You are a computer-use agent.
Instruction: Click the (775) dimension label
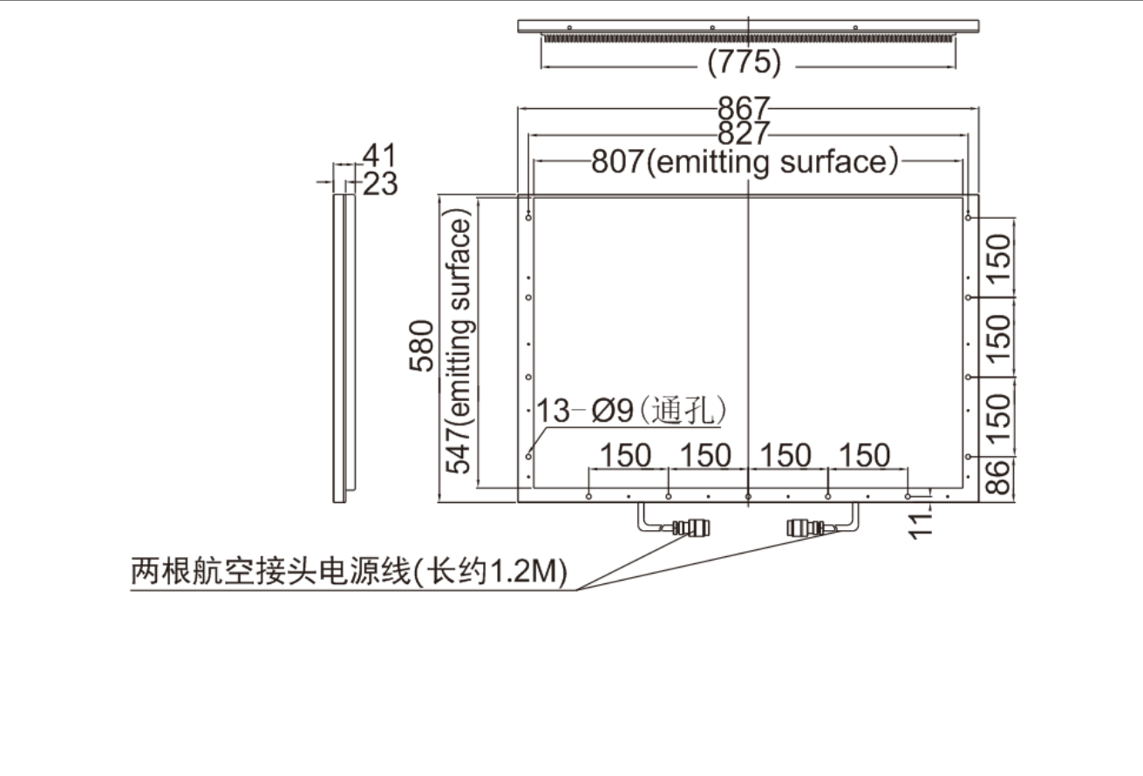(x=744, y=63)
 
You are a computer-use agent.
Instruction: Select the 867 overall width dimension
(x=744, y=109)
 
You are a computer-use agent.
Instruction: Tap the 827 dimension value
(x=744, y=133)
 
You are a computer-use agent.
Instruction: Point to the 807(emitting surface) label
(x=745, y=162)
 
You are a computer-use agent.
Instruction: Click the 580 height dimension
(x=423, y=346)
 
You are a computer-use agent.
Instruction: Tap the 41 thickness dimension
(x=379, y=156)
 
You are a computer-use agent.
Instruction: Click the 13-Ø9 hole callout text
(x=631, y=410)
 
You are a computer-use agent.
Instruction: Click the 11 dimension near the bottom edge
(x=922, y=522)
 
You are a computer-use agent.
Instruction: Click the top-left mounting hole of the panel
(x=529, y=217)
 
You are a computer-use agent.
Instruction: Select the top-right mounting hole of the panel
(x=969, y=217)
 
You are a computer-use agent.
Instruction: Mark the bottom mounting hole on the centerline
(x=748, y=496)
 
